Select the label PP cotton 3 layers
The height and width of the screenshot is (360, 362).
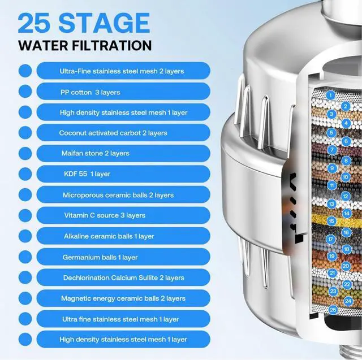[x=90, y=92]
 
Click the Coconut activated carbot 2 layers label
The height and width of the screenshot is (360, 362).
[x=113, y=133]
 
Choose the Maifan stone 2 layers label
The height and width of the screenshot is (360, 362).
[x=95, y=153]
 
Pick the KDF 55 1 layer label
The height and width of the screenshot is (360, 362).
[x=87, y=174]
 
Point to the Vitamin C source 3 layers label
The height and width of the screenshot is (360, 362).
[x=104, y=215]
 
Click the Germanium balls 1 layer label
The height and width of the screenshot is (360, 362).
[x=100, y=257]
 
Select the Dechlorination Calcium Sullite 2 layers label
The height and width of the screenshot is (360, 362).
[x=123, y=277]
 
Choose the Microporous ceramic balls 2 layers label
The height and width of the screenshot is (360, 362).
[x=118, y=195]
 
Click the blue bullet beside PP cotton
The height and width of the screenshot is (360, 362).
[x=25, y=91]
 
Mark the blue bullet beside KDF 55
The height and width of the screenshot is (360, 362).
[x=25, y=174]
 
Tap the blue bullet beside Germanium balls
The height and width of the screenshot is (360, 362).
[x=25, y=257]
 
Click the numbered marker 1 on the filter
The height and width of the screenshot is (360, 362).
[x=330, y=95]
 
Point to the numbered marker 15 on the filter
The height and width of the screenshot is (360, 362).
[x=331, y=221]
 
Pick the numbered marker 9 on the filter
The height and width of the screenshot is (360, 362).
[x=332, y=168]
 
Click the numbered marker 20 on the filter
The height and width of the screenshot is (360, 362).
[x=346, y=265]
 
